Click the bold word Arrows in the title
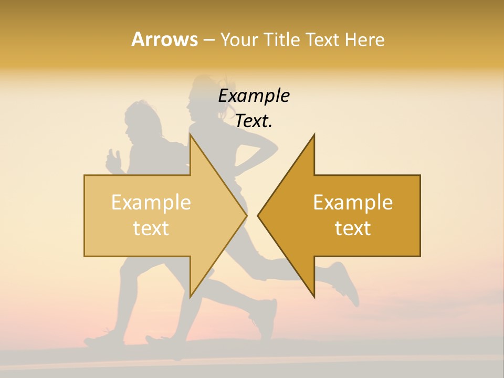click(164, 39)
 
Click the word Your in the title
click(238, 40)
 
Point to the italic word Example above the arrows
click(254, 96)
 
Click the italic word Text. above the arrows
click(254, 121)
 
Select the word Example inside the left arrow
click(151, 202)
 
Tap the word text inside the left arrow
click(151, 228)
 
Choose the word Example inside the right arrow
click(353, 202)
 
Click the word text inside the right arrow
click(353, 228)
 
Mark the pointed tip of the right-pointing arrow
click(246, 215)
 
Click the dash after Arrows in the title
click(208, 40)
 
